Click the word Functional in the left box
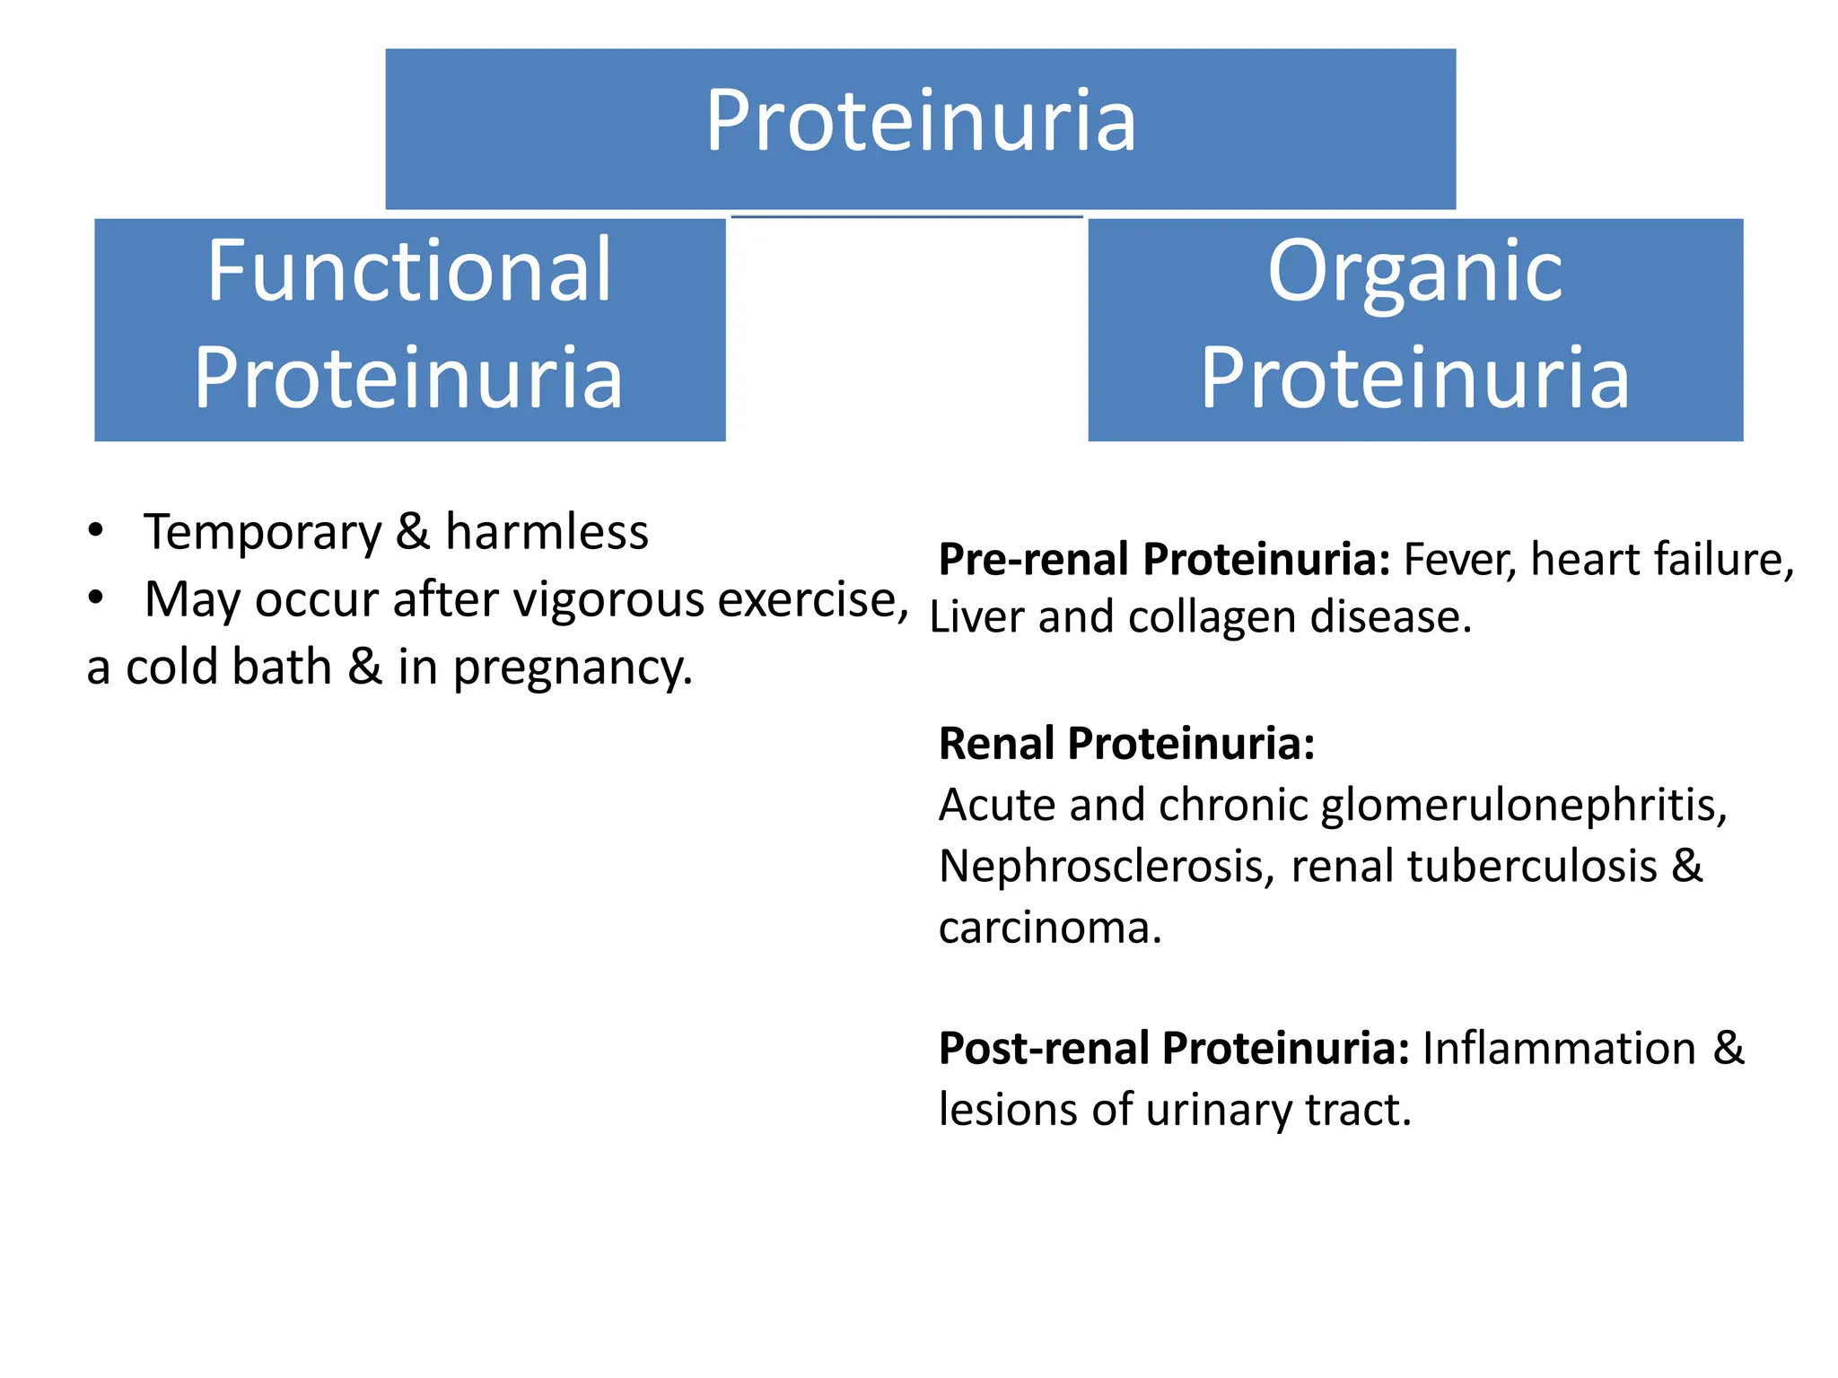(409, 271)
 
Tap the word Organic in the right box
(1414, 271)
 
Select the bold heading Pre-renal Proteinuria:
(1164, 560)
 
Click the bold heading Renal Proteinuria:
(1126, 744)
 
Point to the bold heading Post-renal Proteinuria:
(1174, 1048)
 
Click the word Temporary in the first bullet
(263, 532)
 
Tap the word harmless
(547, 532)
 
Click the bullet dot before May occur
(96, 597)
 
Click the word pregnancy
(572, 667)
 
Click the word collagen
(1212, 617)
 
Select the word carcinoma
(1048, 928)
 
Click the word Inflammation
(1559, 1048)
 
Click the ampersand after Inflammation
(1729, 1048)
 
